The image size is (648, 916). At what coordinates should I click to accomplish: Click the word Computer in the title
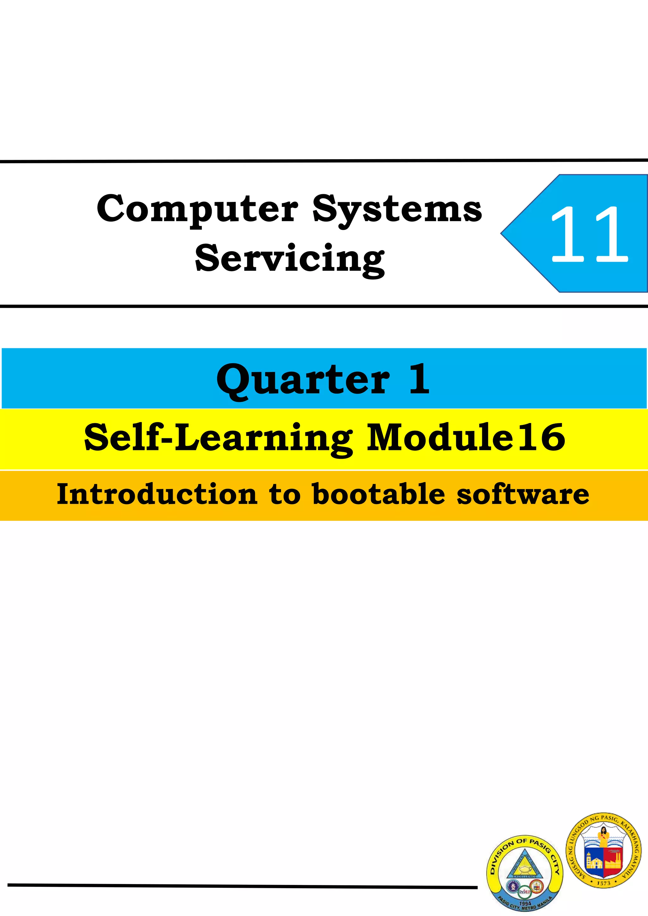(x=197, y=209)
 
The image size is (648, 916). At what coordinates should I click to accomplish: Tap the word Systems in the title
(x=397, y=209)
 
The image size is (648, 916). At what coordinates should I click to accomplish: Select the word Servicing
(x=290, y=259)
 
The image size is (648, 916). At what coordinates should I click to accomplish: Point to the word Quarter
(x=303, y=379)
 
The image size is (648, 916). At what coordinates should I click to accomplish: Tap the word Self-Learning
(x=218, y=438)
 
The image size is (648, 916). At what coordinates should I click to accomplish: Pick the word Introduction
(x=157, y=494)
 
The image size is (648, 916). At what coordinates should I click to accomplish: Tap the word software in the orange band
(x=523, y=494)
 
